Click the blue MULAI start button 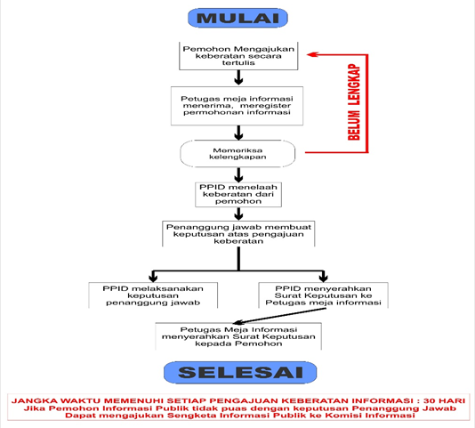tap(237, 18)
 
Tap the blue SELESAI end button tap(240, 372)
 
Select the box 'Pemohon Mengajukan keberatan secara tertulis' tap(238, 56)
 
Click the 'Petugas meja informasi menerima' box tap(237, 106)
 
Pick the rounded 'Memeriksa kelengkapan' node tap(237, 154)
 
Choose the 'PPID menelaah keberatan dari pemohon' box tap(238, 195)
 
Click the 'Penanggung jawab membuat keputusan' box tap(238, 234)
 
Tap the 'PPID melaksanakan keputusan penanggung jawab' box tap(153, 295)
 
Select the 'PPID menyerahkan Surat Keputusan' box tap(323, 295)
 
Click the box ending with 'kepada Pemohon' tap(238, 336)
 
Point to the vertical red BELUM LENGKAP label tap(354, 102)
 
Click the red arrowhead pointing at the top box tap(311, 54)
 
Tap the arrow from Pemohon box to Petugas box tap(238, 77)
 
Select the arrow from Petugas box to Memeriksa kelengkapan tap(238, 133)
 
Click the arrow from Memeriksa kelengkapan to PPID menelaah tap(238, 175)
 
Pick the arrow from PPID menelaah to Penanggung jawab tap(238, 214)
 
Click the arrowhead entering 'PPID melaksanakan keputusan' tap(153, 278)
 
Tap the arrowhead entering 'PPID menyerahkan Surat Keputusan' tap(324, 278)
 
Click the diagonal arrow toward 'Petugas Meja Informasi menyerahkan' tap(279, 316)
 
